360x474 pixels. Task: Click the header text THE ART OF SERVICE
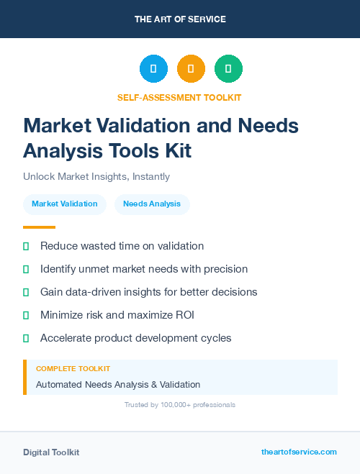coord(180,19)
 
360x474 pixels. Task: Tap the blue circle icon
coord(153,68)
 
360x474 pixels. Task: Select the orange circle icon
coord(191,68)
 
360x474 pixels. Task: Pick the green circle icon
coord(228,68)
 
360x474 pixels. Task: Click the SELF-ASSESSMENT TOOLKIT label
coord(179,97)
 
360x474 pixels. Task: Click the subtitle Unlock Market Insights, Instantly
coord(96,176)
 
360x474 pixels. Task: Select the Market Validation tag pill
coord(65,204)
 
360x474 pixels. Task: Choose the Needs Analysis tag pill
coord(152,204)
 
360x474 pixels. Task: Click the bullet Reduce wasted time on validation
coord(122,246)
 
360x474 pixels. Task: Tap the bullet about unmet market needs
coord(144,269)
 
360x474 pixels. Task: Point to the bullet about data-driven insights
coord(148,292)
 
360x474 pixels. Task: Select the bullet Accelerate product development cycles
coord(135,338)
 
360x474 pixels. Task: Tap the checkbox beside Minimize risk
coord(26,315)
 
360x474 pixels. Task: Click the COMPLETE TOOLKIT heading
coord(73,369)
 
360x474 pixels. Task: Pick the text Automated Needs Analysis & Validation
coord(118,385)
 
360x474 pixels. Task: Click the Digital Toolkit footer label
coord(51,452)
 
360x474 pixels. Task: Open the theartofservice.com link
coord(299,452)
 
